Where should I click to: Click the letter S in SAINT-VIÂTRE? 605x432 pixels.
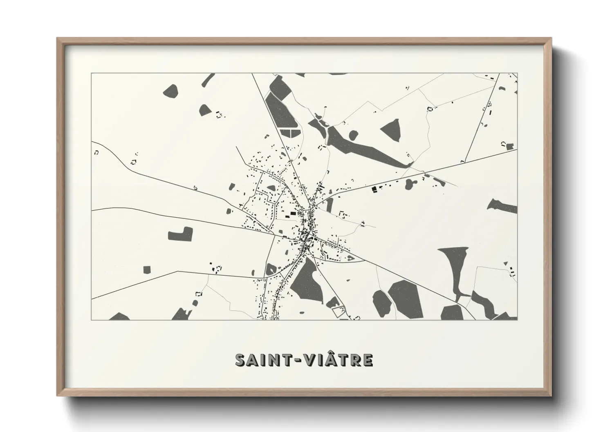point(242,360)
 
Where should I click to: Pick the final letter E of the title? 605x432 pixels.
point(367,360)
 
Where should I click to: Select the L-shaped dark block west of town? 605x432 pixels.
point(180,234)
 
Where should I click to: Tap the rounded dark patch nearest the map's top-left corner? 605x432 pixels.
point(170,91)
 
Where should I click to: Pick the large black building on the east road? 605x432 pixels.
point(374,189)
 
